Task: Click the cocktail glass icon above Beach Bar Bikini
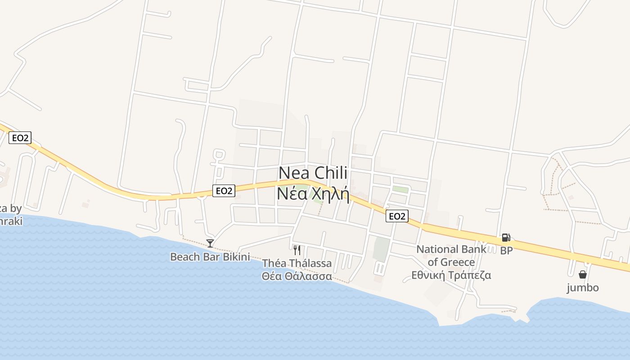click(210, 243)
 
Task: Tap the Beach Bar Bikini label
click(210, 257)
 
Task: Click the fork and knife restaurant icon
click(297, 250)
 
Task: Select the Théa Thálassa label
click(297, 263)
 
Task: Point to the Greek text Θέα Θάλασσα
click(297, 276)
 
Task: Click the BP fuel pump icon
click(506, 238)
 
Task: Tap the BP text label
click(506, 251)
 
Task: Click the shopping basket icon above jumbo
click(583, 274)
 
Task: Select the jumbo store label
click(583, 288)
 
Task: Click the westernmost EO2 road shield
click(20, 138)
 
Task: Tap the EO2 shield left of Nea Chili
click(224, 191)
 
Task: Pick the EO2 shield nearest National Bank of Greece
click(396, 216)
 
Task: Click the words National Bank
click(451, 249)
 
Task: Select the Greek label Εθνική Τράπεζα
click(451, 275)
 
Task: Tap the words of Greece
click(451, 262)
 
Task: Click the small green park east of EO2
click(400, 189)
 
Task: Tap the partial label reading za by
click(11, 208)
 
